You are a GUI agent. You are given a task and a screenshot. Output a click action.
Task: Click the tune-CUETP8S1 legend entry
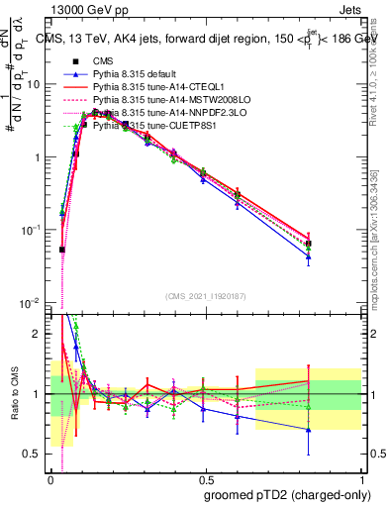click(x=148, y=126)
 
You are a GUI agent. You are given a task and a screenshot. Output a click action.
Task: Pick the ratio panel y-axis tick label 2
click(x=40, y=334)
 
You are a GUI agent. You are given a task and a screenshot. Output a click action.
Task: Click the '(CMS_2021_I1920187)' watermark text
click(x=205, y=294)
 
